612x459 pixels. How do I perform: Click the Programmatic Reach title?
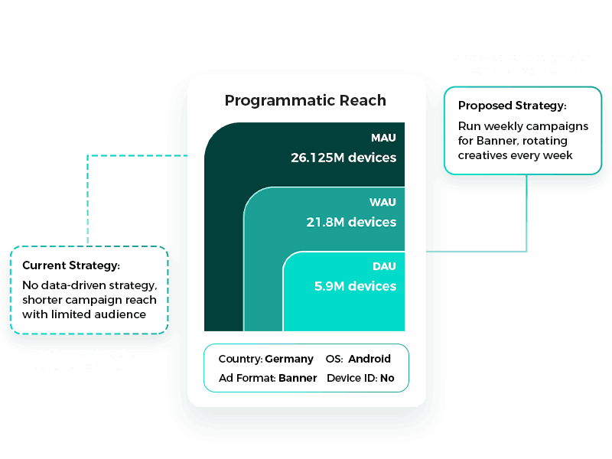(305, 100)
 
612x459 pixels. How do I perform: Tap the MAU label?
(383, 138)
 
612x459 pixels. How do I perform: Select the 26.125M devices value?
(343, 158)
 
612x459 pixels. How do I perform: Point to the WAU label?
(383, 203)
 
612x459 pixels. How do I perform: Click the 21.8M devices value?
(350, 223)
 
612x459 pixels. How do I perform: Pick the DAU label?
(384, 266)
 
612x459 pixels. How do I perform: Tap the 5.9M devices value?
(355, 286)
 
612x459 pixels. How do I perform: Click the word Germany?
(289, 359)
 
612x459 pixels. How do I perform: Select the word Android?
(370, 359)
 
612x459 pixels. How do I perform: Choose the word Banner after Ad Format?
(298, 378)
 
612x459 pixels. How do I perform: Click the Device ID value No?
(387, 378)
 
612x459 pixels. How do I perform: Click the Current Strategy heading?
(71, 265)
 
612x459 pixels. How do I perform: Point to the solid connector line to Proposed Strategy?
(527, 214)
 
